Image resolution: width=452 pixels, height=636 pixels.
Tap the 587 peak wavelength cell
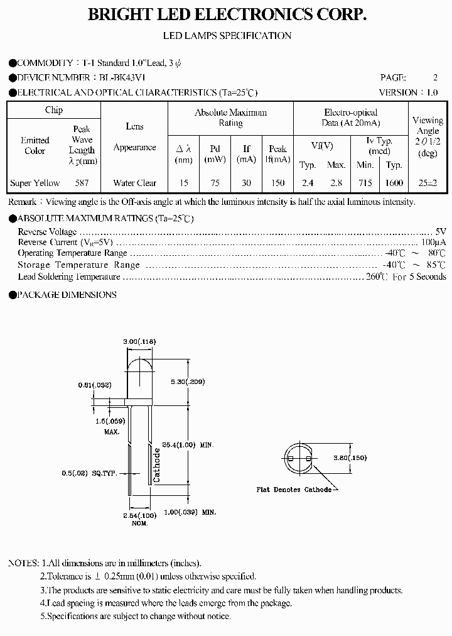click(x=82, y=183)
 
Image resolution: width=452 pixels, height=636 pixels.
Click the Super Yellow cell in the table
click(x=35, y=183)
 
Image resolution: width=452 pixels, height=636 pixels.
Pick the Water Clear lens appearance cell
click(x=134, y=183)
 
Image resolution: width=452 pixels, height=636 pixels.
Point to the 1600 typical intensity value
click(x=394, y=183)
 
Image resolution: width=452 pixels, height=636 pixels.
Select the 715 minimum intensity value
click(x=365, y=183)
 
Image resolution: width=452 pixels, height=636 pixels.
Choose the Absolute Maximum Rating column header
click(x=230, y=118)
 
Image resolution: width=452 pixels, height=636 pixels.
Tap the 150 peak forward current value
click(x=277, y=183)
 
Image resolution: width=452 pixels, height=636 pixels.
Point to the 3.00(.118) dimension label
click(x=139, y=341)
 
